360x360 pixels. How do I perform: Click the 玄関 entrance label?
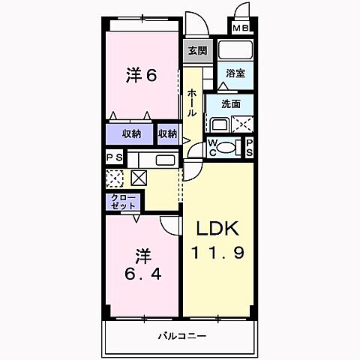(197, 50)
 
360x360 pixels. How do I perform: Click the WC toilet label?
(213, 147)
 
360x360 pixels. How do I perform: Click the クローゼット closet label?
(120, 201)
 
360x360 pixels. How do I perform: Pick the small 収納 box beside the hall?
(167, 134)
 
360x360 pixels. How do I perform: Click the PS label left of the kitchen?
(114, 157)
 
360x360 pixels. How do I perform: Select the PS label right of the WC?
(250, 147)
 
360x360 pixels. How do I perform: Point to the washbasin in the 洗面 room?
(219, 124)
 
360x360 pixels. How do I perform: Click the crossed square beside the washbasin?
(243, 124)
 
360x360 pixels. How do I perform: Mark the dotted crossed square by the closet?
(115, 178)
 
